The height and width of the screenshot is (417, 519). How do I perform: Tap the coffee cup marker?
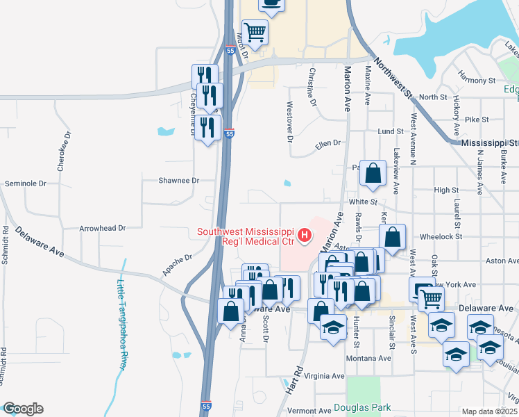pos(272,4)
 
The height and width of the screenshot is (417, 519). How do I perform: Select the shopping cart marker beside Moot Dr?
pos(255,32)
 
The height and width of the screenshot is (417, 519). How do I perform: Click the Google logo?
pos(23,409)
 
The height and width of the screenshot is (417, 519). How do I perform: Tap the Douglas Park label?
pos(361,408)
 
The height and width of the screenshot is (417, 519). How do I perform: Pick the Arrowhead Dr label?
pos(102,227)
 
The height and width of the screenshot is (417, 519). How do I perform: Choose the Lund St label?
pos(391,131)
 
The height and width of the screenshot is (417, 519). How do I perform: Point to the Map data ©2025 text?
pos(489,411)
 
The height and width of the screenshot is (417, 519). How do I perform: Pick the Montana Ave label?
pos(368,358)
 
